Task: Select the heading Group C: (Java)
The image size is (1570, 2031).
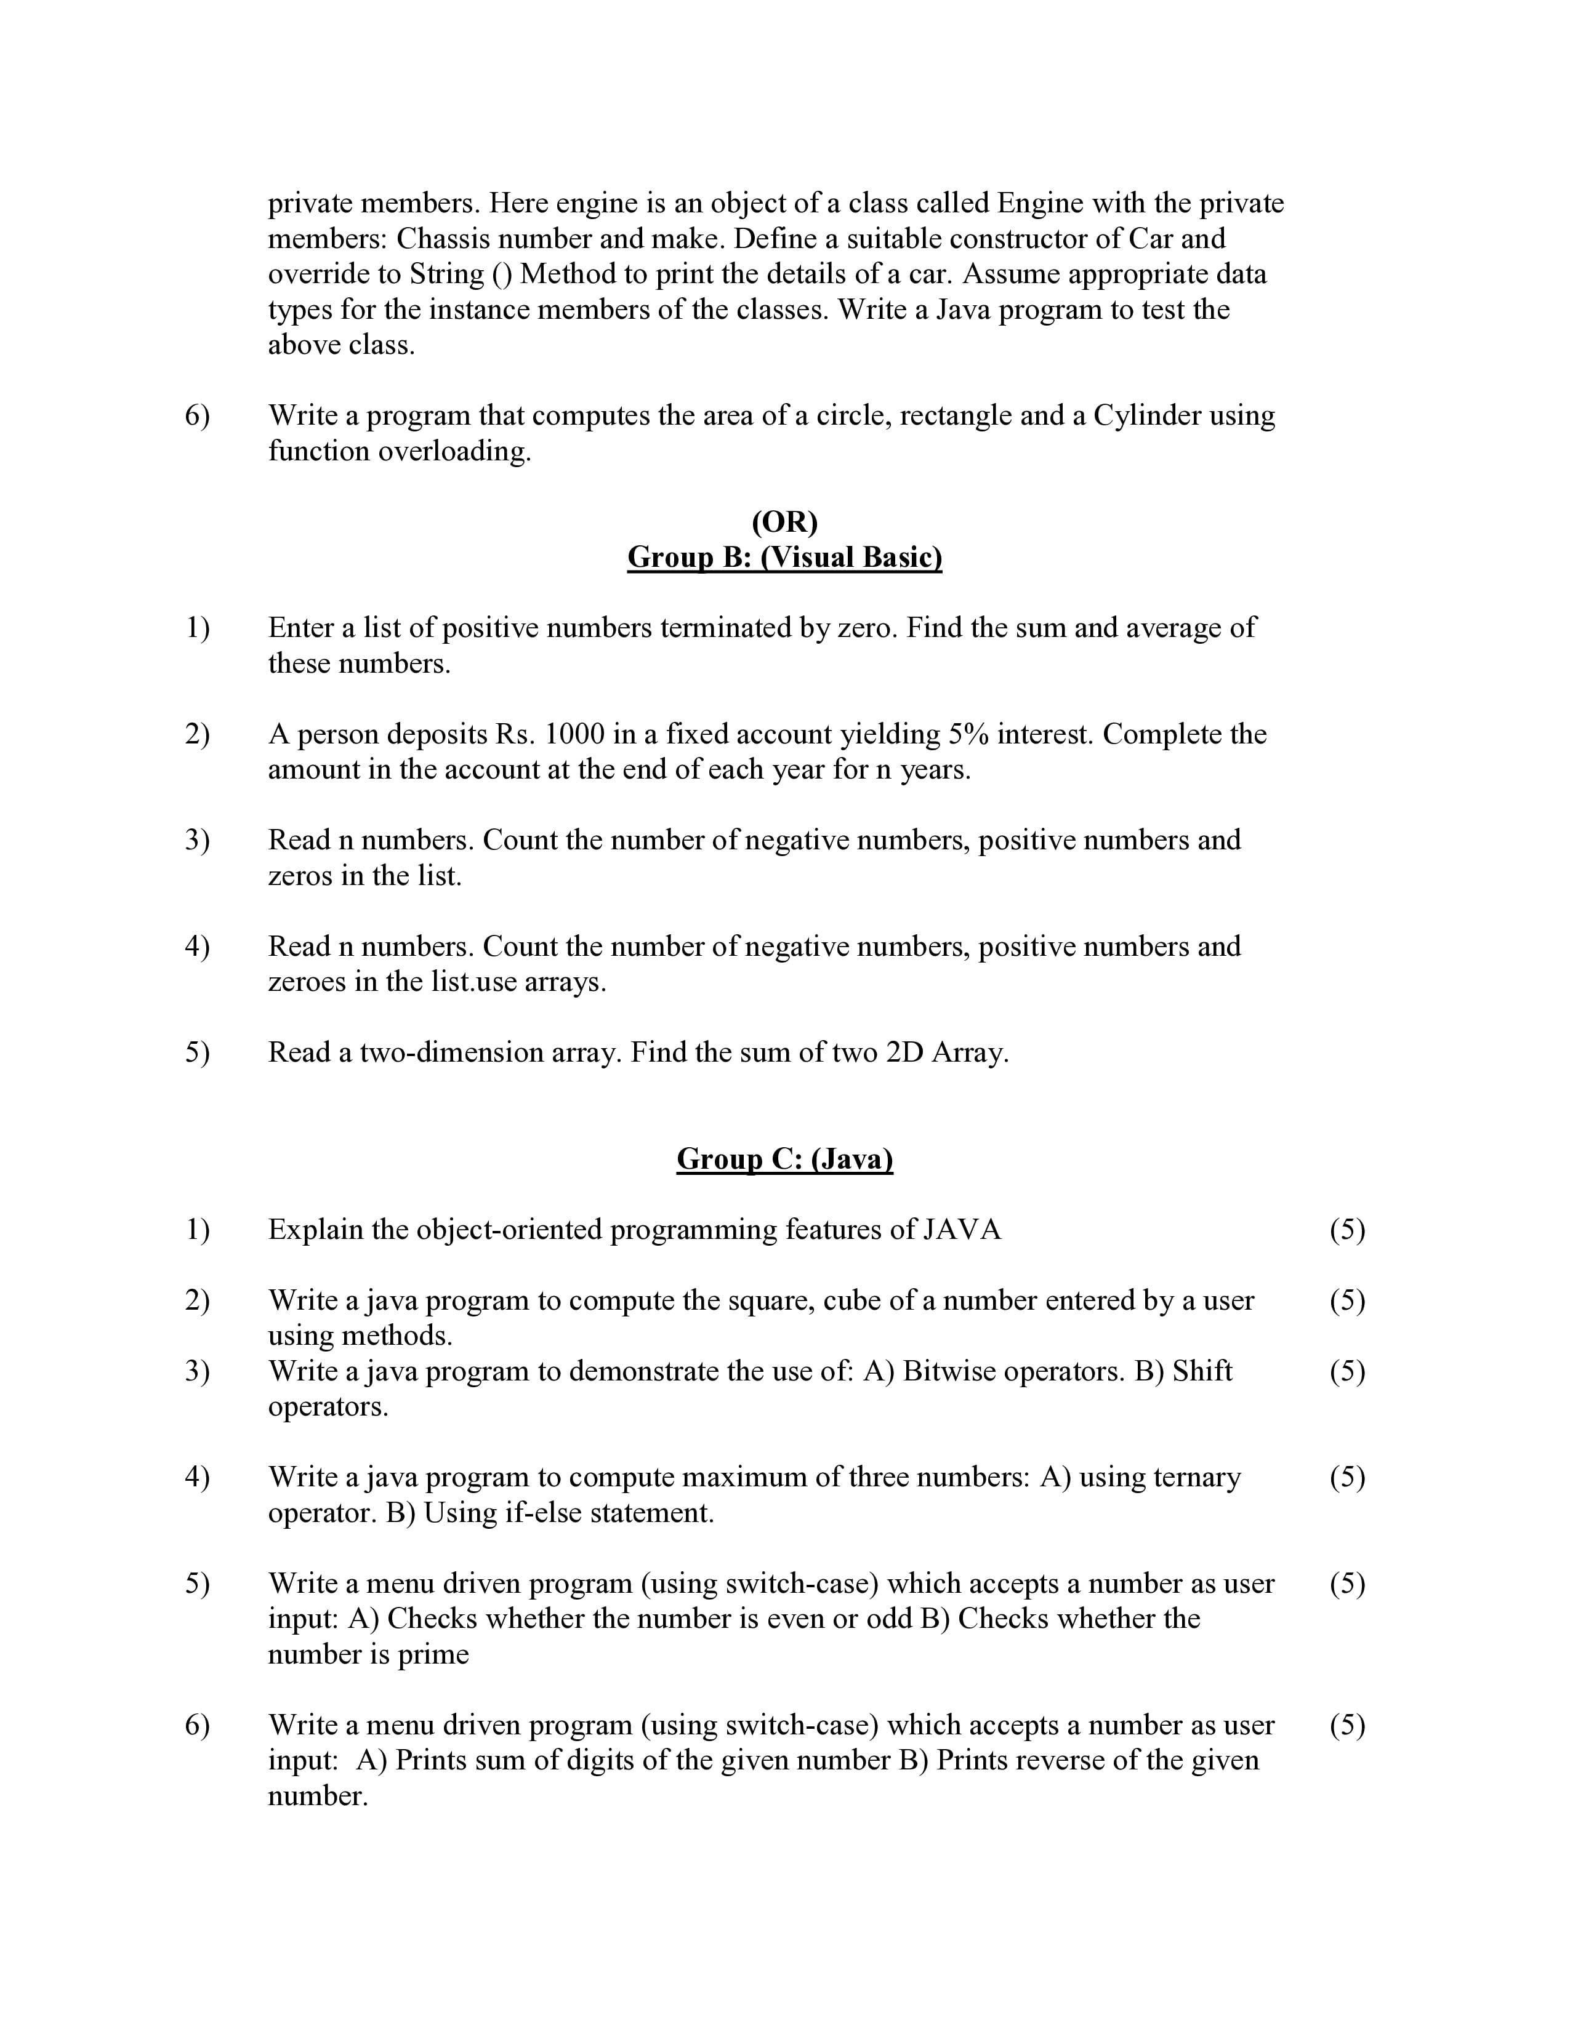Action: (784, 1159)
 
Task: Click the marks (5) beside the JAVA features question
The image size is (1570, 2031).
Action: (1347, 1230)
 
